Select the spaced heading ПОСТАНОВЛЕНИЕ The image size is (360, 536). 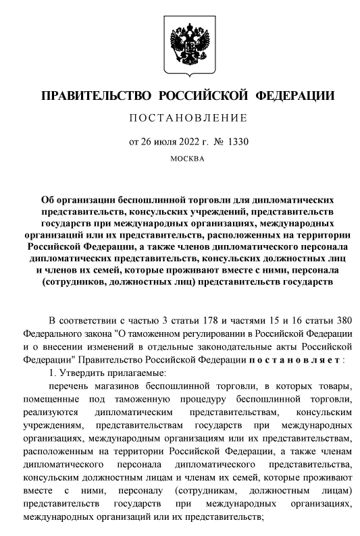(x=179, y=119)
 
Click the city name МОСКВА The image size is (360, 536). (x=180, y=159)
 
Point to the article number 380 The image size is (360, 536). (x=340, y=318)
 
